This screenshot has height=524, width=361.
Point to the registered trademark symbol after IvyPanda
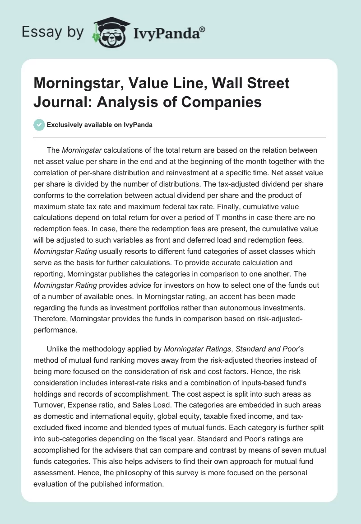[x=202, y=28]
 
